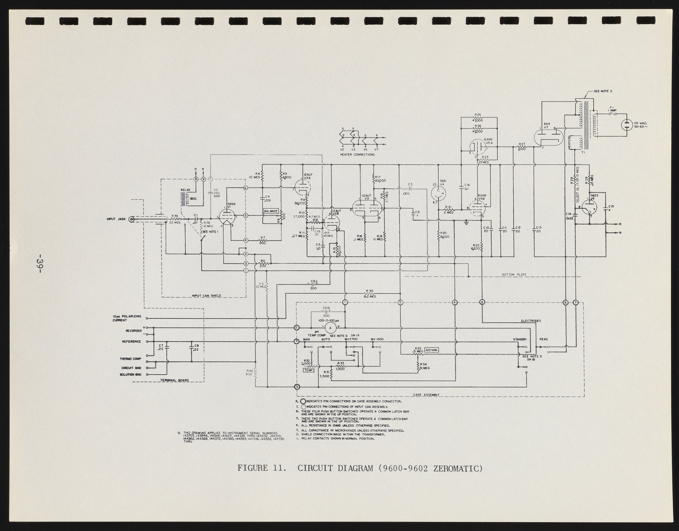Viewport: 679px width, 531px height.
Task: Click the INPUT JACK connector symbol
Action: click(132, 220)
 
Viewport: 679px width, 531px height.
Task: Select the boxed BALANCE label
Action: click(271, 211)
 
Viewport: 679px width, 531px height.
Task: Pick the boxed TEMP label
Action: click(309, 370)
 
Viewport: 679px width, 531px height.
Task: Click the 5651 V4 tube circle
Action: click(438, 193)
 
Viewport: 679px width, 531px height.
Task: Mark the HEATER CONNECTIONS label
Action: click(357, 155)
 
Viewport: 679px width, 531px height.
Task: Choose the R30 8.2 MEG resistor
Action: click(370, 293)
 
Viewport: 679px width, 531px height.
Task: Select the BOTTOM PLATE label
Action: click(514, 275)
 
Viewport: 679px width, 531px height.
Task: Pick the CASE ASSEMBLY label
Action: click(426, 395)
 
